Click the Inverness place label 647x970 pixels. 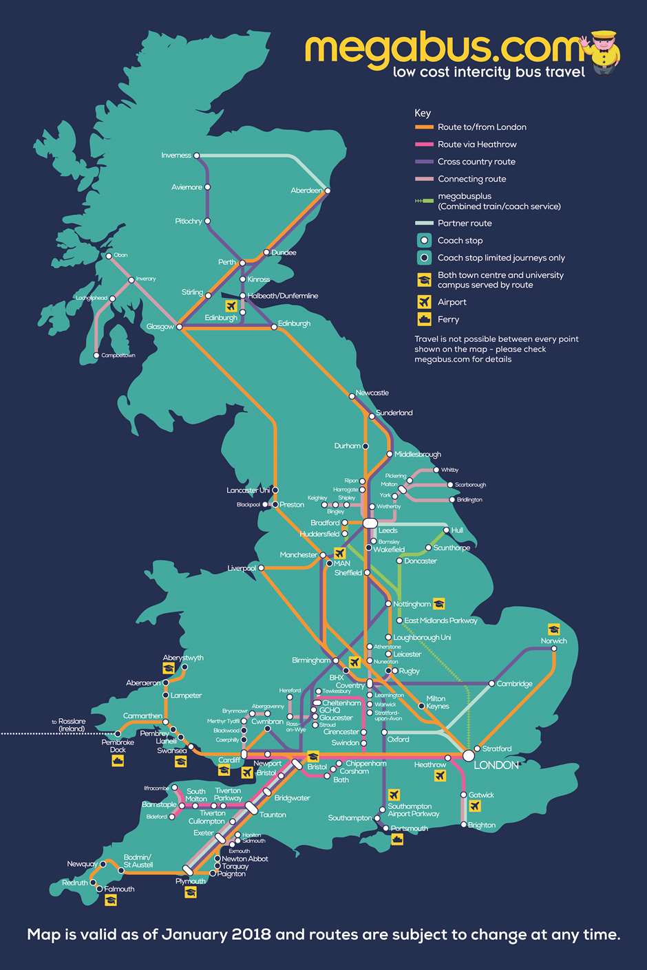coord(176,155)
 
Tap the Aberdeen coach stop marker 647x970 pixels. coord(328,191)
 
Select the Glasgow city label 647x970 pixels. coord(160,327)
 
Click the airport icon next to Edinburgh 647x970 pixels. coord(231,305)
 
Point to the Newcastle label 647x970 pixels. coord(372,393)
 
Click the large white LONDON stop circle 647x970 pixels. coord(468,755)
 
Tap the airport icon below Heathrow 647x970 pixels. coord(440,776)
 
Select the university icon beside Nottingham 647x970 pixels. coord(438,604)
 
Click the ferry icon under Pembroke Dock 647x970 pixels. coord(118,761)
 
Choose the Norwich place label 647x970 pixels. coord(553,640)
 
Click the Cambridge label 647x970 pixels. coord(514,684)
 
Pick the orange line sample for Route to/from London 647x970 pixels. coord(424,127)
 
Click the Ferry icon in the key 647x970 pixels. coord(424,319)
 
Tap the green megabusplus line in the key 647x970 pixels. coord(424,201)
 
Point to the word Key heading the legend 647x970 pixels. coord(423,113)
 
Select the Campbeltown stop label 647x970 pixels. coord(118,356)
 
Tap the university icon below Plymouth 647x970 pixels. coord(191,892)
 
